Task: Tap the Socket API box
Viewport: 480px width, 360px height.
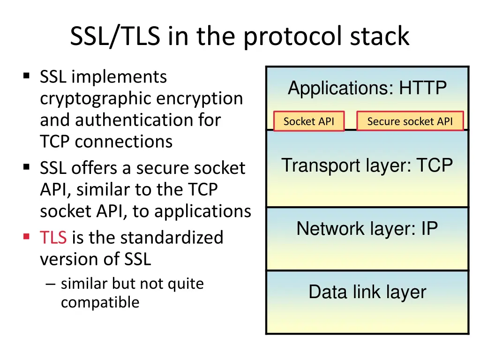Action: coord(309,121)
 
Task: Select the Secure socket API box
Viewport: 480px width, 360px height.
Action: coord(410,121)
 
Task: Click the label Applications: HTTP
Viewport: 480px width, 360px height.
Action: coord(367,88)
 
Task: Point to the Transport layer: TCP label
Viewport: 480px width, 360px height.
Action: coord(367,165)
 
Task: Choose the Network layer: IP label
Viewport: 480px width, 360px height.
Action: coord(367,229)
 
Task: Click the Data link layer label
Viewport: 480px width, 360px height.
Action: coord(367,292)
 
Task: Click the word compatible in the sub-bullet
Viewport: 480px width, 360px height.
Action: coord(100,302)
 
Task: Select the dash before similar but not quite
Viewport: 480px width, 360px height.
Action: coord(52,284)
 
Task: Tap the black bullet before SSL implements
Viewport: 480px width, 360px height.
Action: coord(26,75)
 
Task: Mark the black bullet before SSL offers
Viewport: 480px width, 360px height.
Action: coord(26,166)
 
